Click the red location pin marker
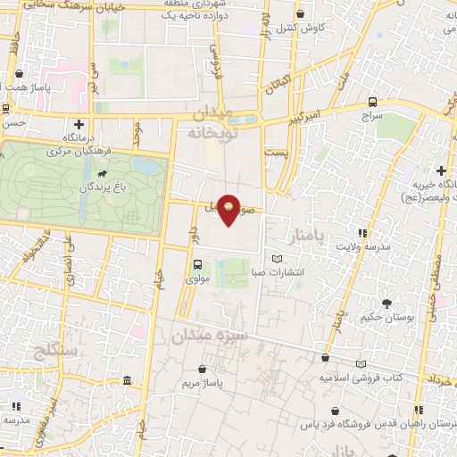pos(229,210)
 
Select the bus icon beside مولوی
pos(197,264)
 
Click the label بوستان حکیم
pos(386,318)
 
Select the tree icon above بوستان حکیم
pos(386,303)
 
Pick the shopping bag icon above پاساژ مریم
pos(203,369)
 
